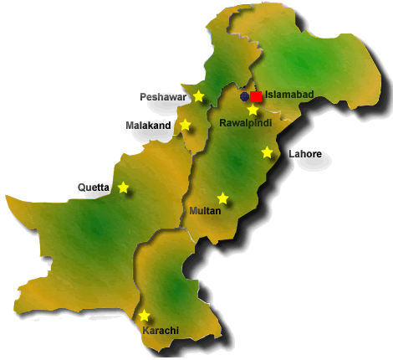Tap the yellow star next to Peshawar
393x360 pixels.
click(x=198, y=96)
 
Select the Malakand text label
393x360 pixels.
click(x=148, y=126)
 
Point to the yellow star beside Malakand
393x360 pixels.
click(x=186, y=126)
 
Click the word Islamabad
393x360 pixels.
click(x=289, y=95)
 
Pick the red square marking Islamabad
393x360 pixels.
click(x=257, y=96)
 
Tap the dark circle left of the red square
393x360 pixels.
click(x=244, y=96)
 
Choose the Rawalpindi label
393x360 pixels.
click(x=247, y=124)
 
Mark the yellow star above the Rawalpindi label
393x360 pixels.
click(x=253, y=110)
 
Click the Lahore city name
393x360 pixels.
click(x=304, y=154)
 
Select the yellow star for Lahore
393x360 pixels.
click(x=268, y=152)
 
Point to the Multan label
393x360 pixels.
click(x=206, y=211)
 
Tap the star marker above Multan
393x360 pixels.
click(x=222, y=198)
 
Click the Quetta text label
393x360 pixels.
click(x=94, y=188)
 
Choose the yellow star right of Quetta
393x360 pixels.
click(x=124, y=188)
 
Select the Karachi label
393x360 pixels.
click(x=161, y=331)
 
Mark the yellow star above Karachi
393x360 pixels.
click(x=145, y=316)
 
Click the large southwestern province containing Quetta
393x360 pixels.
click(x=92, y=230)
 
